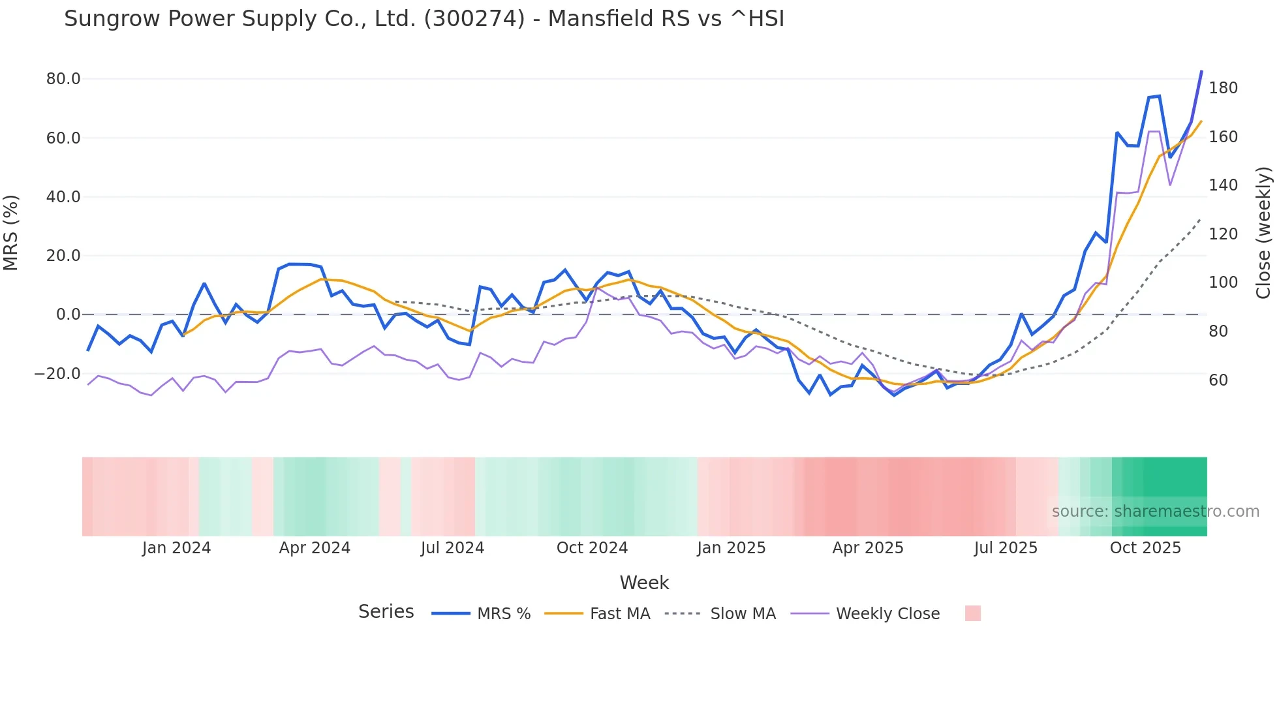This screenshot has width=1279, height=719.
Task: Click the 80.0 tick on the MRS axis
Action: point(63,79)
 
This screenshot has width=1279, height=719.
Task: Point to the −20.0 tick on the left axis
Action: point(57,374)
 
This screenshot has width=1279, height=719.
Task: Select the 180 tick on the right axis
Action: point(1223,88)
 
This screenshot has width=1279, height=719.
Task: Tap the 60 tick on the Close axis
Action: point(1218,380)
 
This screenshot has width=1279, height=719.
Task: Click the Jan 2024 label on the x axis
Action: point(176,548)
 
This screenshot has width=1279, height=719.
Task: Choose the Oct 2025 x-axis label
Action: point(1145,548)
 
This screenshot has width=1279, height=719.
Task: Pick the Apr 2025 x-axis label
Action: point(867,548)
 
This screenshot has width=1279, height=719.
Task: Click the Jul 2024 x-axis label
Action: point(452,548)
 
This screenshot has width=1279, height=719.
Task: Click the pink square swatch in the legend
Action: point(972,613)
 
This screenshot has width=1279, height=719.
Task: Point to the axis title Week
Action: point(644,583)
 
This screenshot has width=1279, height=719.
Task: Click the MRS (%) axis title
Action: point(10,232)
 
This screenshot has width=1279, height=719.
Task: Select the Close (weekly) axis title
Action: point(1264,232)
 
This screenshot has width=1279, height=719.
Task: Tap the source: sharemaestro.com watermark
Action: point(1155,512)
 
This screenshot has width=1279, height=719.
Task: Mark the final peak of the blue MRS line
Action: point(1201,71)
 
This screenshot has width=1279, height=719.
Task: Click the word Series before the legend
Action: point(386,612)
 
